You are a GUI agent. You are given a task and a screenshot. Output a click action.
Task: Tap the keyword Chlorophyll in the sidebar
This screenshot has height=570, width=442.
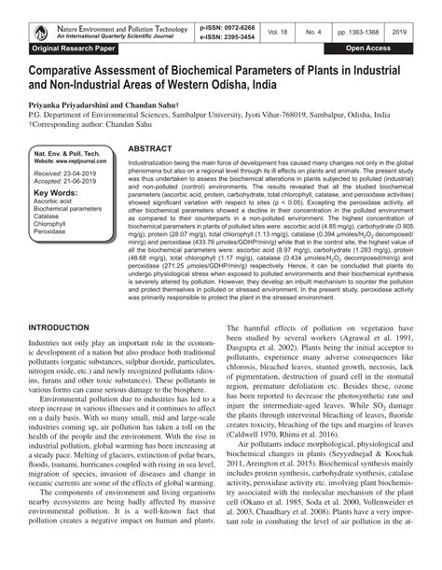(x=51, y=224)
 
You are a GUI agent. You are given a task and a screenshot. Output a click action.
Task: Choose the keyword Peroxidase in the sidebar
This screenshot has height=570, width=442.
(x=50, y=232)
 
